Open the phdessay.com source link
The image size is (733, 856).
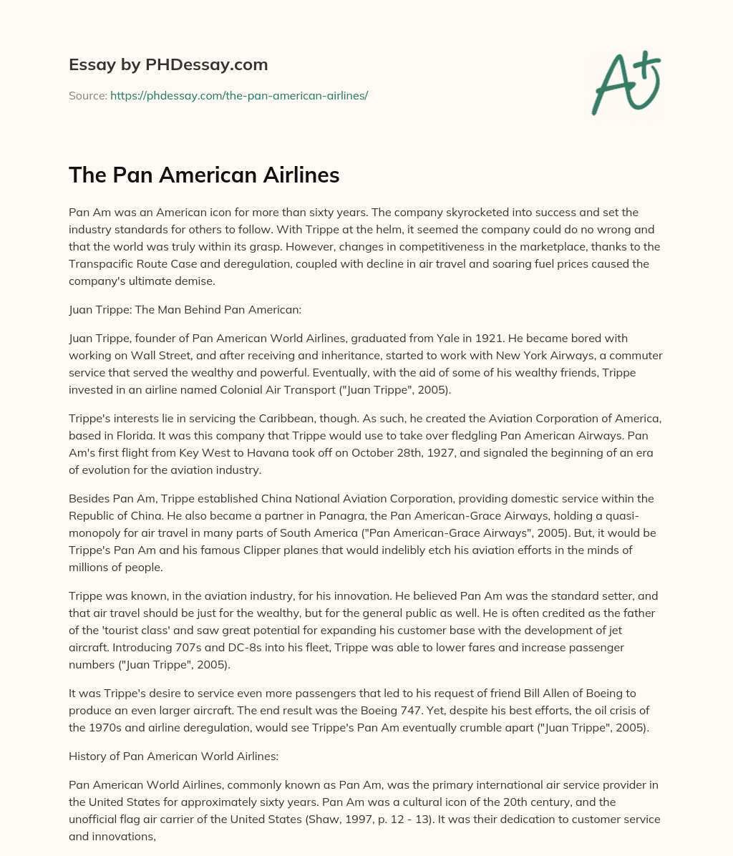click(x=239, y=94)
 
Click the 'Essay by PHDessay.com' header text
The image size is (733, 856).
click(x=168, y=64)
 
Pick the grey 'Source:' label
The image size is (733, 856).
click(x=88, y=94)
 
